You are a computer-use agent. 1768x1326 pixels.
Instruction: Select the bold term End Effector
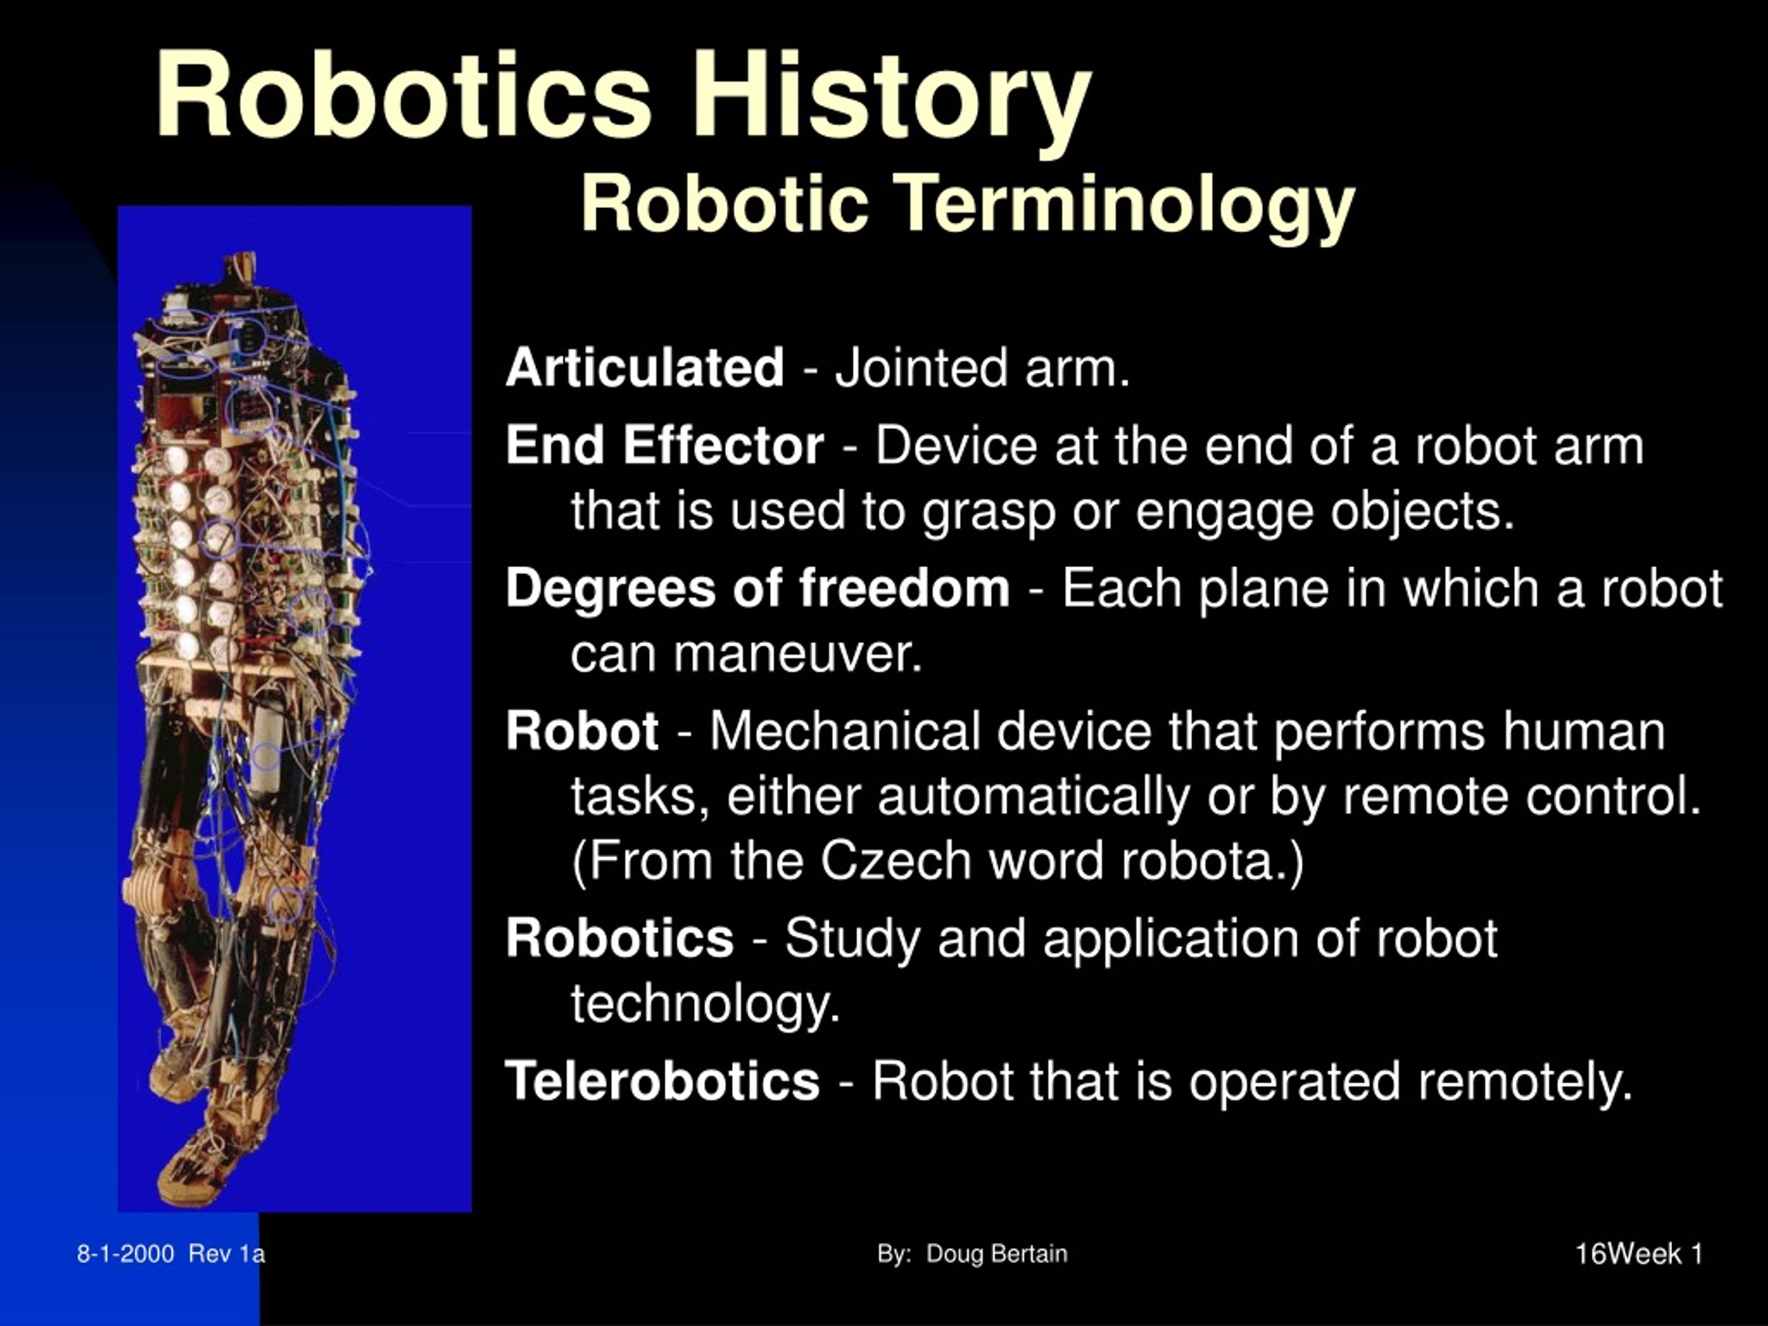[664, 445]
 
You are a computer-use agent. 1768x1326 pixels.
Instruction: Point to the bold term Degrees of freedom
[757, 589]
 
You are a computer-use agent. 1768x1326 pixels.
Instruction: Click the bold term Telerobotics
[662, 1082]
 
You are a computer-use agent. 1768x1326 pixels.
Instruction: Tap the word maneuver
[797, 655]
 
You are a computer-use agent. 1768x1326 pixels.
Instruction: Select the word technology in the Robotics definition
[705, 1003]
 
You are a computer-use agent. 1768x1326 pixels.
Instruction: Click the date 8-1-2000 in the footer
[126, 1253]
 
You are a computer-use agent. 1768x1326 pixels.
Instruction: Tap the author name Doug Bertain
[996, 1253]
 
